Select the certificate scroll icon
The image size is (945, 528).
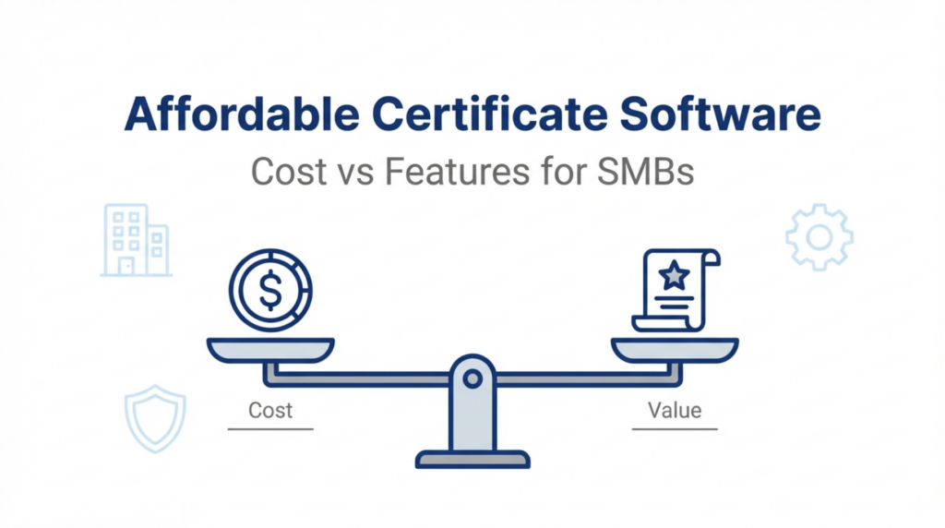click(x=675, y=288)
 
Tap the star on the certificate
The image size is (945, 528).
click(x=675, y=274)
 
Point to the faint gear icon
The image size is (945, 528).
click(x=819, y=238)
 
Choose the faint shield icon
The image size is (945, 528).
click(x=154, y=418)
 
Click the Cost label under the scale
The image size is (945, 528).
click(x=270, y=410)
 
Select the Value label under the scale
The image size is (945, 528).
click(x=675, y=410)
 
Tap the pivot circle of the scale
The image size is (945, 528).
click(x=472, y=378)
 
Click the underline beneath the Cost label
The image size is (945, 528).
click(x=270, y=428)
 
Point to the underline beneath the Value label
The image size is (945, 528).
click(x=675, y=428)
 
